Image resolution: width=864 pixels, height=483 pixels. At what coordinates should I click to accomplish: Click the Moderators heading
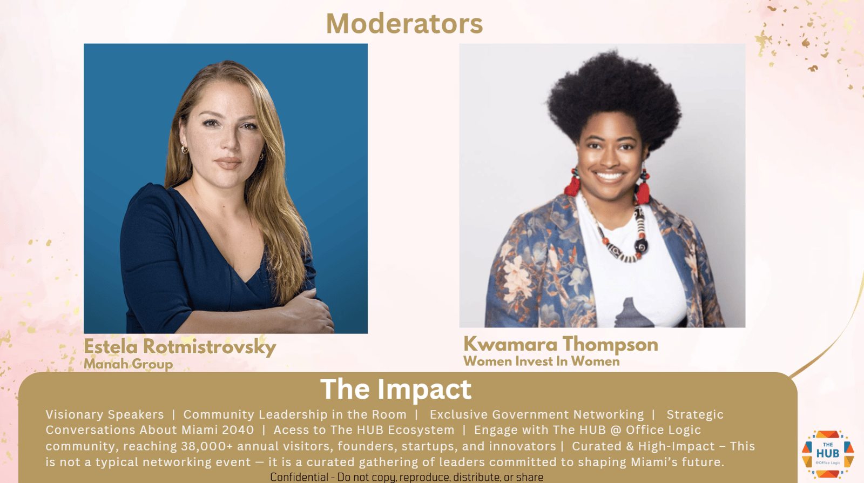404,24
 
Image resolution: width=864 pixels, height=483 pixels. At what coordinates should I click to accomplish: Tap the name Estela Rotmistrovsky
180,347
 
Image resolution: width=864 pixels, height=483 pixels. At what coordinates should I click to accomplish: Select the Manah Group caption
128,364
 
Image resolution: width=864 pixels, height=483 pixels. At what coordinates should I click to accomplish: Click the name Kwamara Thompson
561,344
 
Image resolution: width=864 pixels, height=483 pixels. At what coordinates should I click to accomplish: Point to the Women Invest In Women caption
542,361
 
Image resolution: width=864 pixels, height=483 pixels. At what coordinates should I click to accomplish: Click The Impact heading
396,389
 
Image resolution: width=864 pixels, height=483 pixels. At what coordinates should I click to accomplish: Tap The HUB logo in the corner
828,454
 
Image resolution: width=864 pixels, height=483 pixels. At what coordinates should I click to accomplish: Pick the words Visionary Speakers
105,414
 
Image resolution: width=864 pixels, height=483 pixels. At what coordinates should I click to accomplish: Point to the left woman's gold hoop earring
185,149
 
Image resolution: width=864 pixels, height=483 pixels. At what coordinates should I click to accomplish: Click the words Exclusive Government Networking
537,414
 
